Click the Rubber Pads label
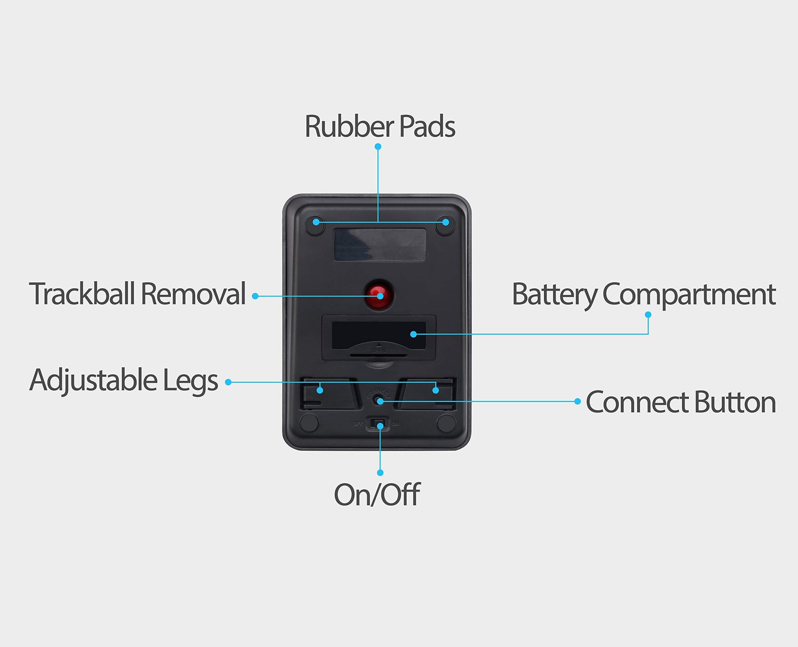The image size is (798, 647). point(380,127)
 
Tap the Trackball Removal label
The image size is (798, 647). point(137,294)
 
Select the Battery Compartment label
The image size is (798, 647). point(643,294)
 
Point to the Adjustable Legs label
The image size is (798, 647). point(124,380)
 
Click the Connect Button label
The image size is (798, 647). point(680,402)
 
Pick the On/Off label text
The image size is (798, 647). point(377,495)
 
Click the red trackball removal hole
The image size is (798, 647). point(379,294)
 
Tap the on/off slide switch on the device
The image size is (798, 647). point(378,424)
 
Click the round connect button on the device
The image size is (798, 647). point(378,400)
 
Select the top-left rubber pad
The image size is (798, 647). point(314,225)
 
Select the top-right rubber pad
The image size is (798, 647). point(445,225)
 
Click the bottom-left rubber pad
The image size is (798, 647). point(309,423)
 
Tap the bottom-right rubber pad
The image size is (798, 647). point(446,423)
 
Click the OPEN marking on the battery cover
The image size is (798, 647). point(378,351)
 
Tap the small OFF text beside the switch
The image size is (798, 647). point(358,424)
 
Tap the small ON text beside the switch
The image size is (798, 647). point(395,424)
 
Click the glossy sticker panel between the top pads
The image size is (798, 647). point(380,245)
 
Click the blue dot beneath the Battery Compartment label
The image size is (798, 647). point(648,314)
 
